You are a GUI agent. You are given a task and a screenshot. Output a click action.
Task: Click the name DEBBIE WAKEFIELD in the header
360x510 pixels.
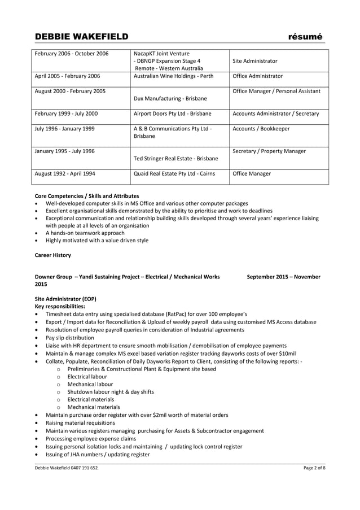click(82, 37)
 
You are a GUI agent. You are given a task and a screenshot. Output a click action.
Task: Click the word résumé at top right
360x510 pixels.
click(305, 37)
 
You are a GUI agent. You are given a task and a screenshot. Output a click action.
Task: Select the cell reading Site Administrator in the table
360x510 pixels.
click(255, 61)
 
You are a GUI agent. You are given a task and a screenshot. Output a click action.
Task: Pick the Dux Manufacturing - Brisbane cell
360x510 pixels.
click(170, 98)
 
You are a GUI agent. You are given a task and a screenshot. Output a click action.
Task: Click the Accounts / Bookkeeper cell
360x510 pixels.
click(261, 129)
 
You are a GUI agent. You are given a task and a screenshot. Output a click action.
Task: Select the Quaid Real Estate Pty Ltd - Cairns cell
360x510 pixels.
click(174, 173)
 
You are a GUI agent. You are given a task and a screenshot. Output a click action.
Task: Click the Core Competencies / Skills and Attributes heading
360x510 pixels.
click(87, 195)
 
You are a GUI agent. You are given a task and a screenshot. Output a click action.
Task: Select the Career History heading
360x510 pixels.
click(53, 255)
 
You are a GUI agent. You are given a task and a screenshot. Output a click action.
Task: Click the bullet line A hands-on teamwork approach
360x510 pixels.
click(85, 233)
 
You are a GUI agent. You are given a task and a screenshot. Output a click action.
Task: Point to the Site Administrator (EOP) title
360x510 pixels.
click(65, 299)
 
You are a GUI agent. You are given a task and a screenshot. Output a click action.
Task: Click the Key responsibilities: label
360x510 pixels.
click(60, 306)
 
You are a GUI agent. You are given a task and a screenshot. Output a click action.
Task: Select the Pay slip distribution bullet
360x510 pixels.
click(70, 338)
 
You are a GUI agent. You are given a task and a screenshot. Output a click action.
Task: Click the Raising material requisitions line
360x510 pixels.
click(83, 422)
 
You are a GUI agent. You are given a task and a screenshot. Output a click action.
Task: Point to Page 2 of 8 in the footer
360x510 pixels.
click(314, 469)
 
